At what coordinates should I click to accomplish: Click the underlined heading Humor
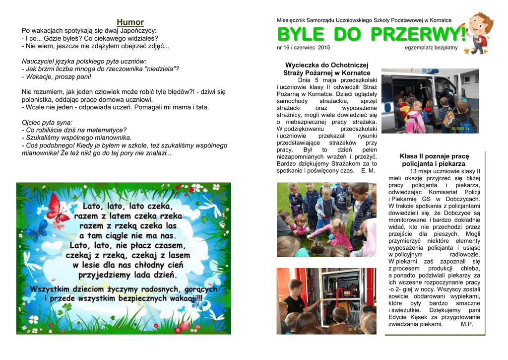click(x=130, y=22)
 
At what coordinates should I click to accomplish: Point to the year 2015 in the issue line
click(x=323, y=48)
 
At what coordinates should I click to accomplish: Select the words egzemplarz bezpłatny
click(x=431, y=48)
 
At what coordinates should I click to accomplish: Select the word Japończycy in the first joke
click(x=134, y=30)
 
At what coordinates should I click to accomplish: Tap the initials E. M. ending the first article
click(x=368, y=170)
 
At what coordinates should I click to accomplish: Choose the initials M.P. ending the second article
click(x=467, y=324)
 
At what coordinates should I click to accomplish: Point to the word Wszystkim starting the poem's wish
click(x=53, y=288)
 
